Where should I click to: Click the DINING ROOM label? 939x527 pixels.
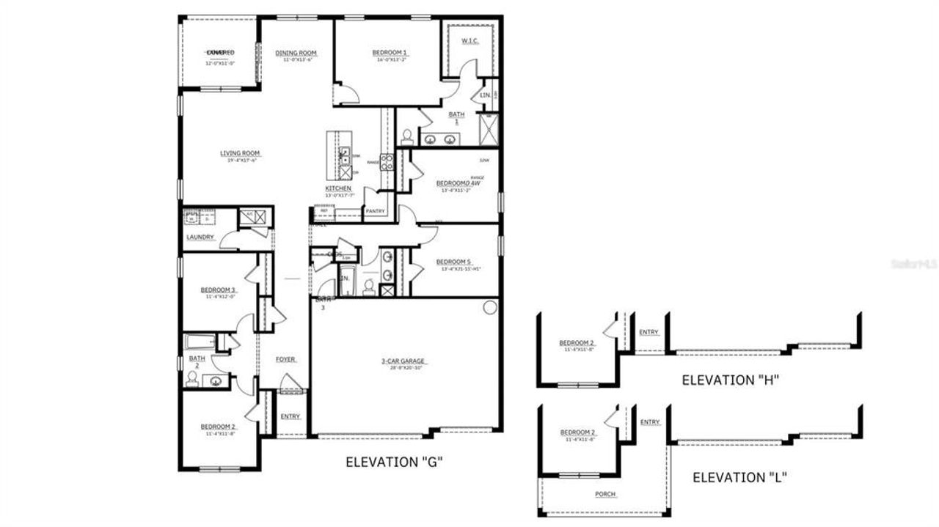tap(296, 53)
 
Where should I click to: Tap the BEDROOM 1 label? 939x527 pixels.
tap(389, 53)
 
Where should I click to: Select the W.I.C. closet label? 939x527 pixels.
tap(469, 41)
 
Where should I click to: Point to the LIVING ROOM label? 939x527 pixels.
tap(240, 153)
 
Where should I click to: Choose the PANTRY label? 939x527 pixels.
tap(376, 211)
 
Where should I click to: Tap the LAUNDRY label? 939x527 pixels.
tap(200, 237)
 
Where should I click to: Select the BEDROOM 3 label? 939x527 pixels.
tap(218, 290)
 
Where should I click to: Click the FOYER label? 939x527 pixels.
tap(285, 359)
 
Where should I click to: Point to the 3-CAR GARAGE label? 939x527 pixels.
tap(403, 361)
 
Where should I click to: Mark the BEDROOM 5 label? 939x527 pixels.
tap(453, 262)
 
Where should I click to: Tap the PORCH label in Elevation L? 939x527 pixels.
tap(604, 494)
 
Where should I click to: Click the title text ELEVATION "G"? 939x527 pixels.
tap(394, 462)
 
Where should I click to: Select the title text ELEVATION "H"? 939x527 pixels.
tap(729, 380)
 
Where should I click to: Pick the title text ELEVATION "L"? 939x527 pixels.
tap(739, 478)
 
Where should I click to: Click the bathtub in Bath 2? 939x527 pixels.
tap(199, 342)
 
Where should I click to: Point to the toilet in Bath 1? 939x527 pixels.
tap(407, 136)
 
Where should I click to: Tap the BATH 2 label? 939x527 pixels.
tap(197, 361)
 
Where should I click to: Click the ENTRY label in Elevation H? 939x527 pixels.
tap(648, 332)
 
